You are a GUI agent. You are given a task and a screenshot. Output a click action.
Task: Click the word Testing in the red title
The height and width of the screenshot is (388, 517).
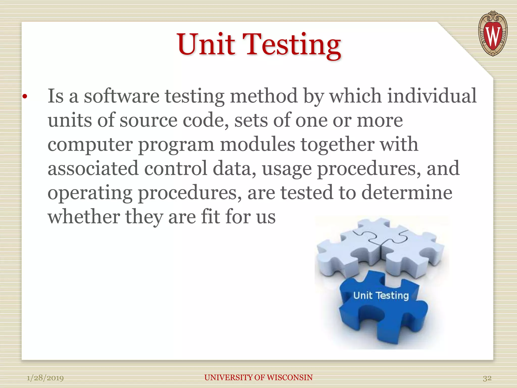coord(293,45)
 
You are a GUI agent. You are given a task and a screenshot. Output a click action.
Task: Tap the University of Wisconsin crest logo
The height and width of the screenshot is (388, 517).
coord(493,34)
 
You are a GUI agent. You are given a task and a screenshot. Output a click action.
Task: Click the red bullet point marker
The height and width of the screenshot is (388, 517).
coord(24,97)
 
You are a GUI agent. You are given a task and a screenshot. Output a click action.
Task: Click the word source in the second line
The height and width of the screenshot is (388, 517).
coord(148,120)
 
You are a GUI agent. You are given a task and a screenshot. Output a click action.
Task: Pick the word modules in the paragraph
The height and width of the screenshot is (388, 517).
coord(257,144)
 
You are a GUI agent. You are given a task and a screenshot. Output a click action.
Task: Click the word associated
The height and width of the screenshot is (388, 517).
coord(93,168)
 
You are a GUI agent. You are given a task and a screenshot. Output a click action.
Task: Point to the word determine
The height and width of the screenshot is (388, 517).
coord(407,193)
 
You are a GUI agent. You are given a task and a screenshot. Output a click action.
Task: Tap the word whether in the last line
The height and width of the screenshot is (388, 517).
coord(84,217)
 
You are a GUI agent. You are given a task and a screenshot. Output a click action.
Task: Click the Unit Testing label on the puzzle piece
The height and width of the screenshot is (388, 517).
coord(381,296)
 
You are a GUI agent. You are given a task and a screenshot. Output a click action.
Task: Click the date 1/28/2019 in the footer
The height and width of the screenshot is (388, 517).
coord(45,378)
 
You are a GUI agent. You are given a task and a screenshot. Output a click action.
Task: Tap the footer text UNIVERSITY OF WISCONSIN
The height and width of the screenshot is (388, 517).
coord(258,377)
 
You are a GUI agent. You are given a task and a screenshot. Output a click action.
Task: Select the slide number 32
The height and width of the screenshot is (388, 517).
coord(487,378)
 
